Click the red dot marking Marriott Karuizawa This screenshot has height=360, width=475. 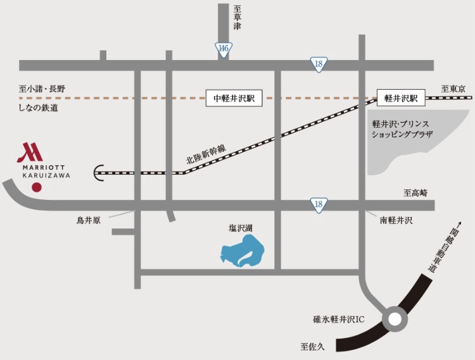coord(37,187)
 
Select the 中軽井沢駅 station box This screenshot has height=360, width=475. coord(234,98)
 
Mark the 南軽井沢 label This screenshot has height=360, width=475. coord(396,220)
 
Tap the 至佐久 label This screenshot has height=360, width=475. coord(313,346)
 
